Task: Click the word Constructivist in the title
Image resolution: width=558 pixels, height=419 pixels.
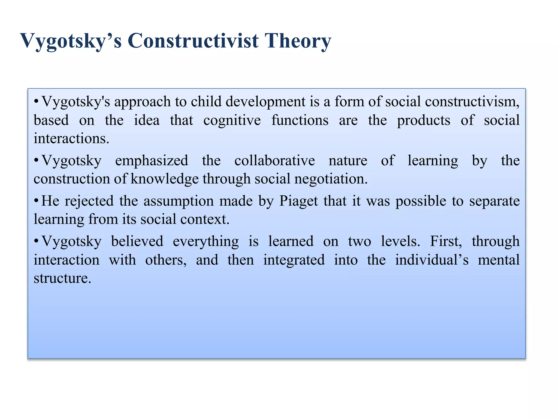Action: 193,41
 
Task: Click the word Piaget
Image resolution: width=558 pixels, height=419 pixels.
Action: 298,201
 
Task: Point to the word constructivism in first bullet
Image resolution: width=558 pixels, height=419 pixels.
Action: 472,102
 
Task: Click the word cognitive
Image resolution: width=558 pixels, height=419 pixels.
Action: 232,120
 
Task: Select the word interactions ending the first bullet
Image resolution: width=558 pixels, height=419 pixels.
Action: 71,139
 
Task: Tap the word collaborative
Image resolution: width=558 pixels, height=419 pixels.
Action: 274,160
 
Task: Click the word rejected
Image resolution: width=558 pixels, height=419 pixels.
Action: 89,201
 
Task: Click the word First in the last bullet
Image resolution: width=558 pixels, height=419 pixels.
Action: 446,241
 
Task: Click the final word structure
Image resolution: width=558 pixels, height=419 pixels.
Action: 62,278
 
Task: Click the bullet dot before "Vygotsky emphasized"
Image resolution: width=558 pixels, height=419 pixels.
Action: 36,160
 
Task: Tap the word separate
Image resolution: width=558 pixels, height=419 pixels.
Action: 494,201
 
